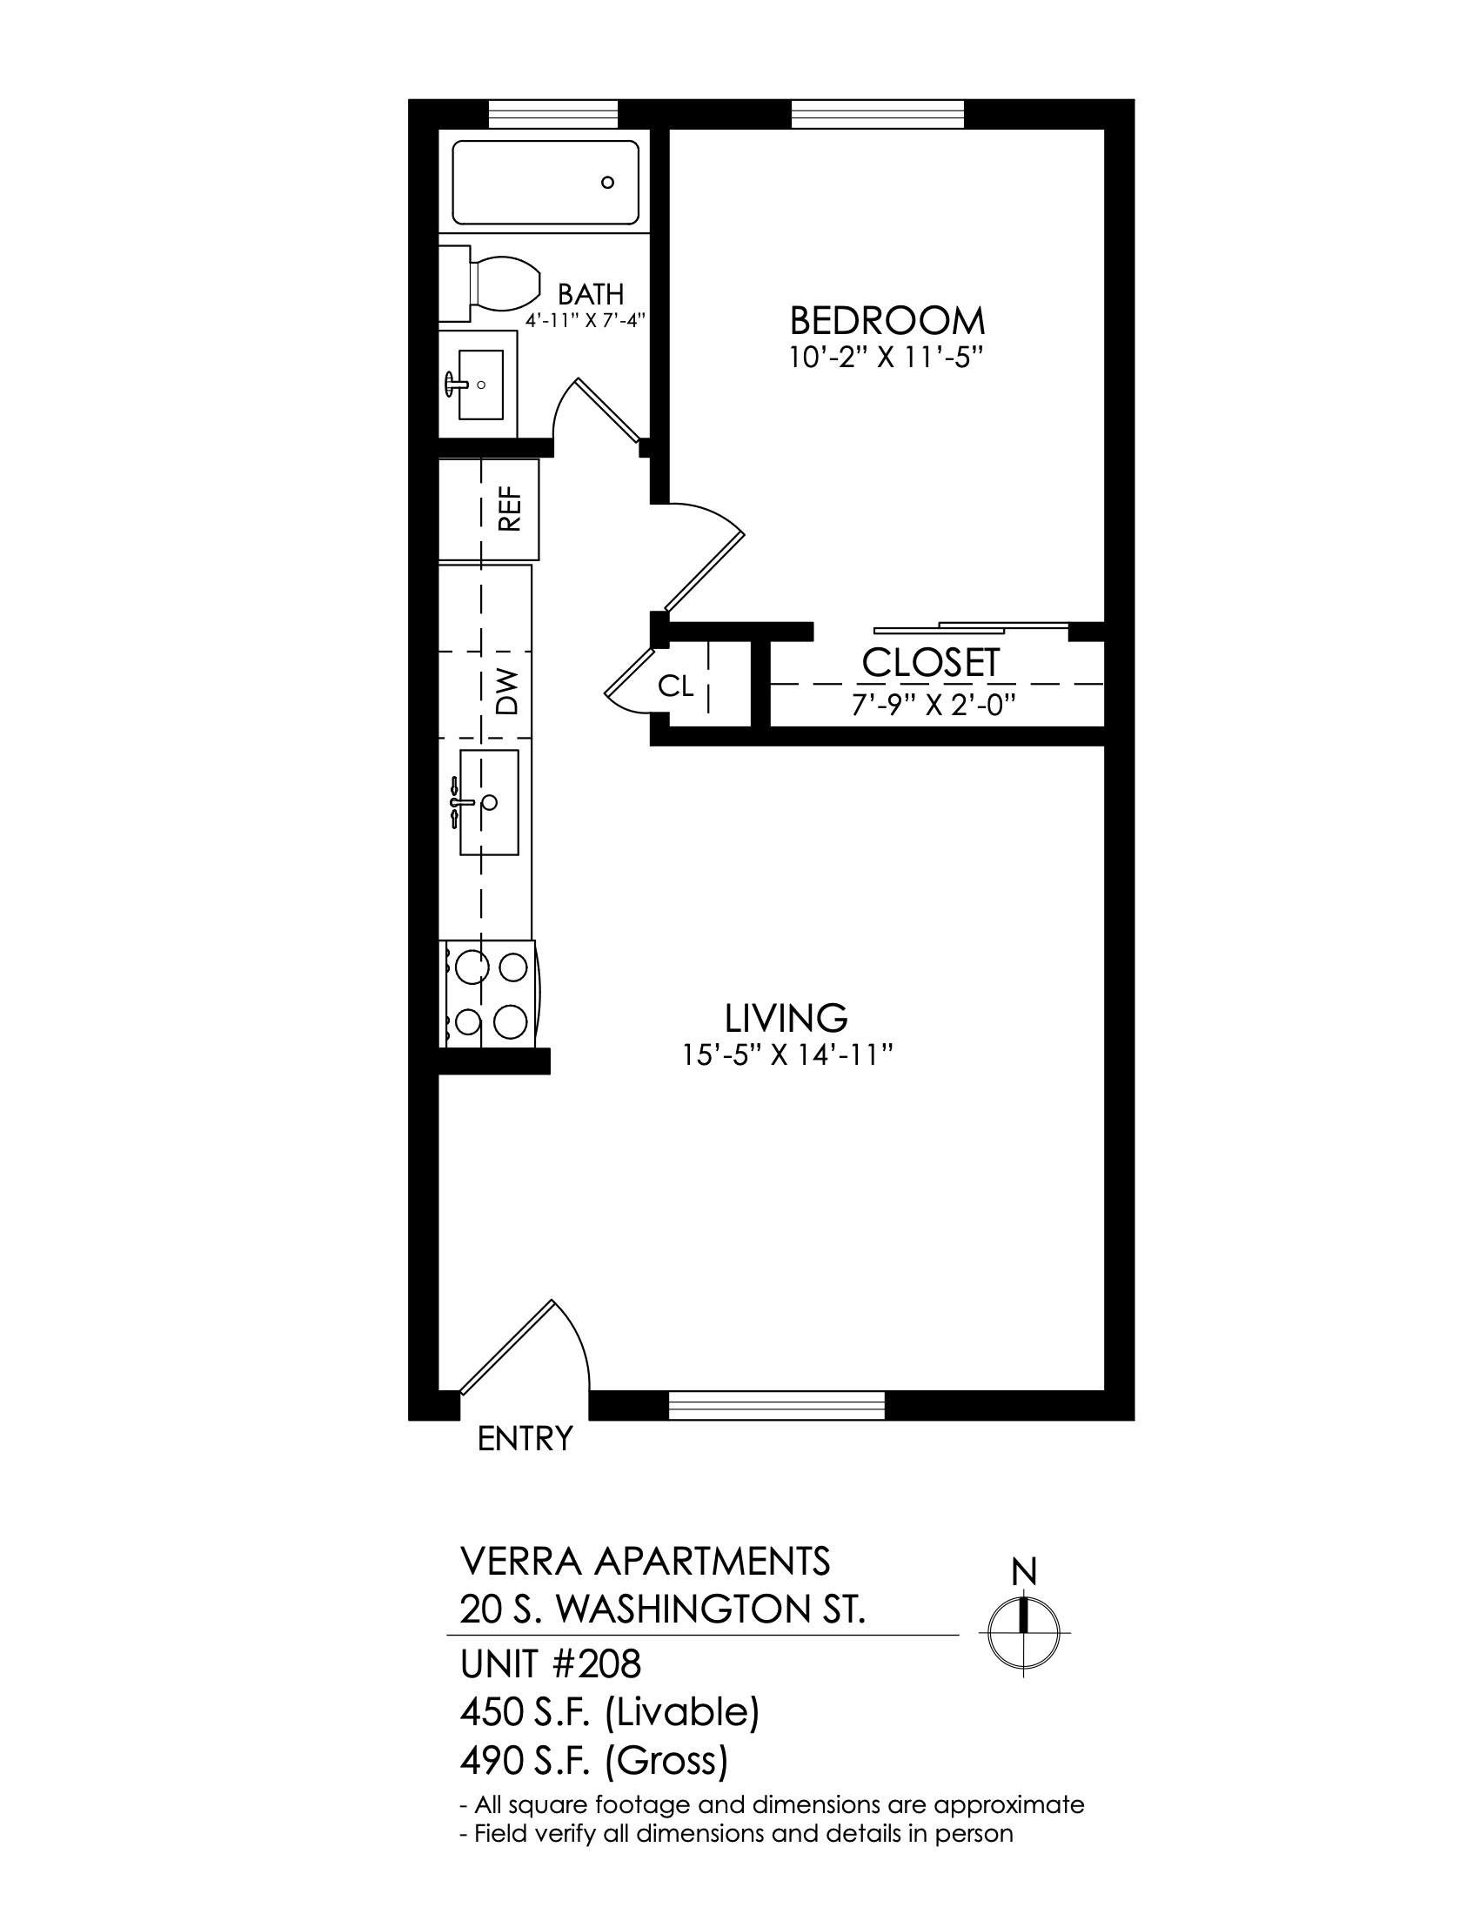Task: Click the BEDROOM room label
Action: (887, 321)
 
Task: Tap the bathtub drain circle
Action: (607, 184)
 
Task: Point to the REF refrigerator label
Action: (509, 509)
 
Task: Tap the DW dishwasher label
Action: (506, 692)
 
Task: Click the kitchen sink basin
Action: (489, 802)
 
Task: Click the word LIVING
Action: (786, 1018)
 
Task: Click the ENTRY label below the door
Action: (525, 1438)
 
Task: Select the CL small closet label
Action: (675, 687)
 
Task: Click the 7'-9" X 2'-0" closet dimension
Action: (934, 706)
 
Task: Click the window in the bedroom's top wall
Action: (878, 115)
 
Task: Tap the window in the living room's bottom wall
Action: (776, 1405)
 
